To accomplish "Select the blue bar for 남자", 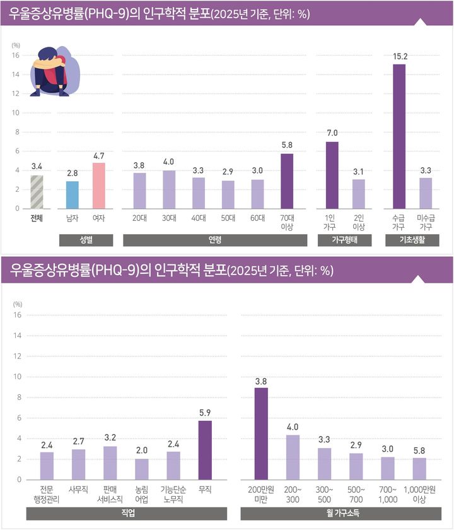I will (73, 195).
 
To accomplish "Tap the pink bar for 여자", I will (99, 185).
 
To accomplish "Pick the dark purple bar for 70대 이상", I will (287, 181).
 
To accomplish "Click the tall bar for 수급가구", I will (399, 136).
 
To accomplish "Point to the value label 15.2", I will (399, 57).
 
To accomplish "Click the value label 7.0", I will (332, 134).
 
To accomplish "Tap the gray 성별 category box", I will (86, 240).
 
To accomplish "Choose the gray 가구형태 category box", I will (345, 240).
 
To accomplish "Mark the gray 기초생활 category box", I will (412, 240).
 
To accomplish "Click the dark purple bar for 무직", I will (204, 450).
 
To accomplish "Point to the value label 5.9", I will (204, 413).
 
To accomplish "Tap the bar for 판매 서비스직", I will (110, 462).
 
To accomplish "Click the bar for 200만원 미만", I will (261, 433).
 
